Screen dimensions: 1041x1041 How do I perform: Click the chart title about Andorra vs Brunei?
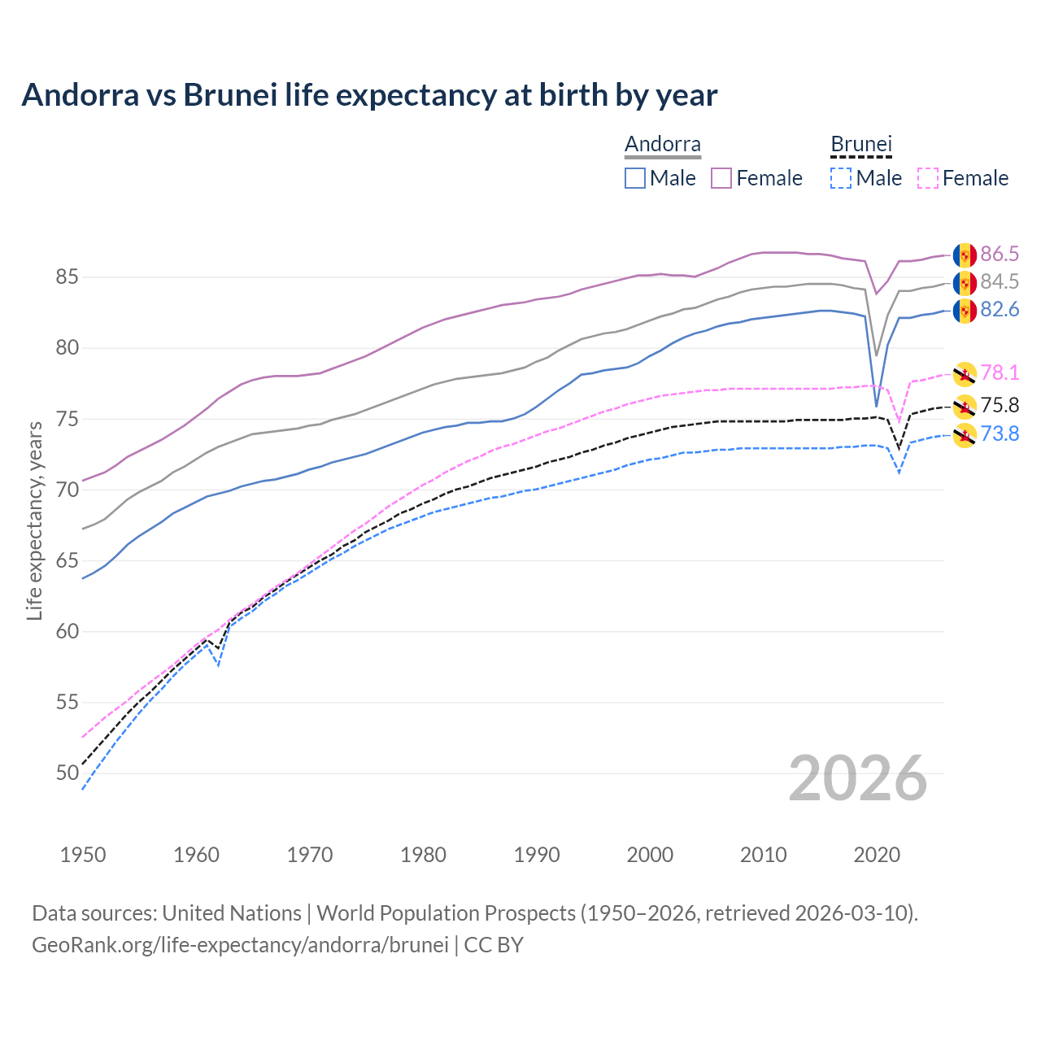[369, 95]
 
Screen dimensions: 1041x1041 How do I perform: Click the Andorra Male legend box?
[635, 178]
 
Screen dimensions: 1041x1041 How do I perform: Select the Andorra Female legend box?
[721, 178]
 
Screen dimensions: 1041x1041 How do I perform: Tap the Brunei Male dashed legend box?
[841, 178]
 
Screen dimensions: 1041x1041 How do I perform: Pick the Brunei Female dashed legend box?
[928, 178]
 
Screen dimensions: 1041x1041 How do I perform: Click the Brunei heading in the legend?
[861, 145]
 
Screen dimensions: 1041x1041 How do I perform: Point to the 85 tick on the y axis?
[67, 277]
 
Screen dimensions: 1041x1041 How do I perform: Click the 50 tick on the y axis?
[67, 773]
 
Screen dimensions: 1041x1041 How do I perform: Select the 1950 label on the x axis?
[83, 855]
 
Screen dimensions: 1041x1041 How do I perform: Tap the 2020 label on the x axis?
[877, 855]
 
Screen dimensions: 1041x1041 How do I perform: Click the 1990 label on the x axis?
[537, 855]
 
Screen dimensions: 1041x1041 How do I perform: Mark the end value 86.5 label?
[1000, 255]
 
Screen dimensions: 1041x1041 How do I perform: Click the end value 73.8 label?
[1000, 434]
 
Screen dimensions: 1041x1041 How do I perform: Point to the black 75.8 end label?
[1000, 405]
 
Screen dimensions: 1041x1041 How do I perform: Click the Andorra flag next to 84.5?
[965, 283]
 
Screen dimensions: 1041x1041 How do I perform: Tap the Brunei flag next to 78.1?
[965, 373]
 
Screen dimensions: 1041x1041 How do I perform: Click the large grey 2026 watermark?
[858, 778]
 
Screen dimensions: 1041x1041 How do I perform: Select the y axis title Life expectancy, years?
[34, 520]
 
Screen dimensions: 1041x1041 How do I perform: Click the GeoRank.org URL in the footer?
[240, 945]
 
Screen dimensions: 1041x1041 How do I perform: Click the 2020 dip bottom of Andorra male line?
[876, 406]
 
